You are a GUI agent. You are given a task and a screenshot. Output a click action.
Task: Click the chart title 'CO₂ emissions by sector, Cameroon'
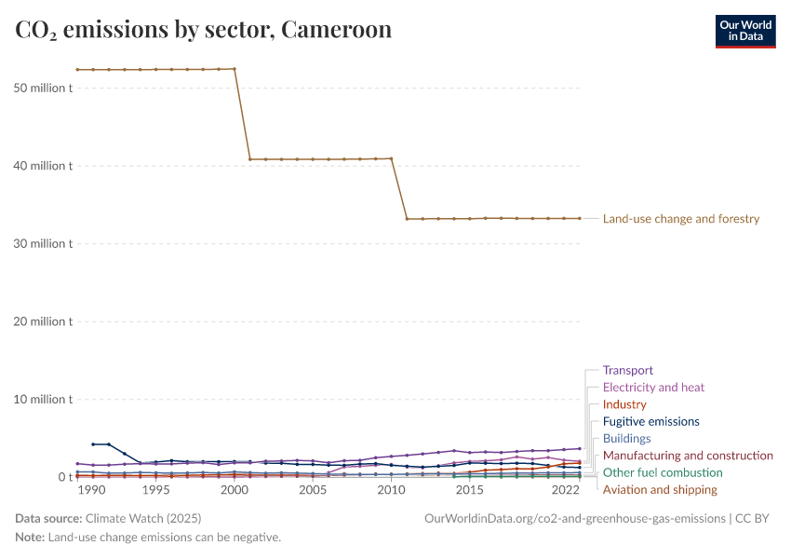click(x=204, y=30)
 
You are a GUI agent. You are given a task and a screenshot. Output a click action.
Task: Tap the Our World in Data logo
click(x=744, y=31)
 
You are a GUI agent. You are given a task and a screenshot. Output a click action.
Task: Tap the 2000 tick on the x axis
click(x=235, y=490)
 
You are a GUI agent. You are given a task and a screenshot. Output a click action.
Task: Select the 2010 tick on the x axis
click(x=392, y=490)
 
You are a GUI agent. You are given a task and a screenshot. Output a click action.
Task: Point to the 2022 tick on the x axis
click(x=566, y=490)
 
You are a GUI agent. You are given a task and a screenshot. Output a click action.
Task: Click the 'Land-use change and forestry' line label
click(x=681, y=219)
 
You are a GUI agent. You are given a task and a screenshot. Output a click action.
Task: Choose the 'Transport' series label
click(x=628, y=370)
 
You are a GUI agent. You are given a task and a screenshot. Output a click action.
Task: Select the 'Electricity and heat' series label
click(x=653, y=387)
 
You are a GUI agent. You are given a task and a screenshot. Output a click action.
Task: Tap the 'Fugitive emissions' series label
click(x=651, y=421)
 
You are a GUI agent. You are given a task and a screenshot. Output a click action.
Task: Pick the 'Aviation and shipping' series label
click(x=660, y=489)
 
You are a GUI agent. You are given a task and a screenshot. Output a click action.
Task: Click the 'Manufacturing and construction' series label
click(x=688, y=456)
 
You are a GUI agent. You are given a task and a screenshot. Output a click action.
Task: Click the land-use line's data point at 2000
click(x=235, y=69)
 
